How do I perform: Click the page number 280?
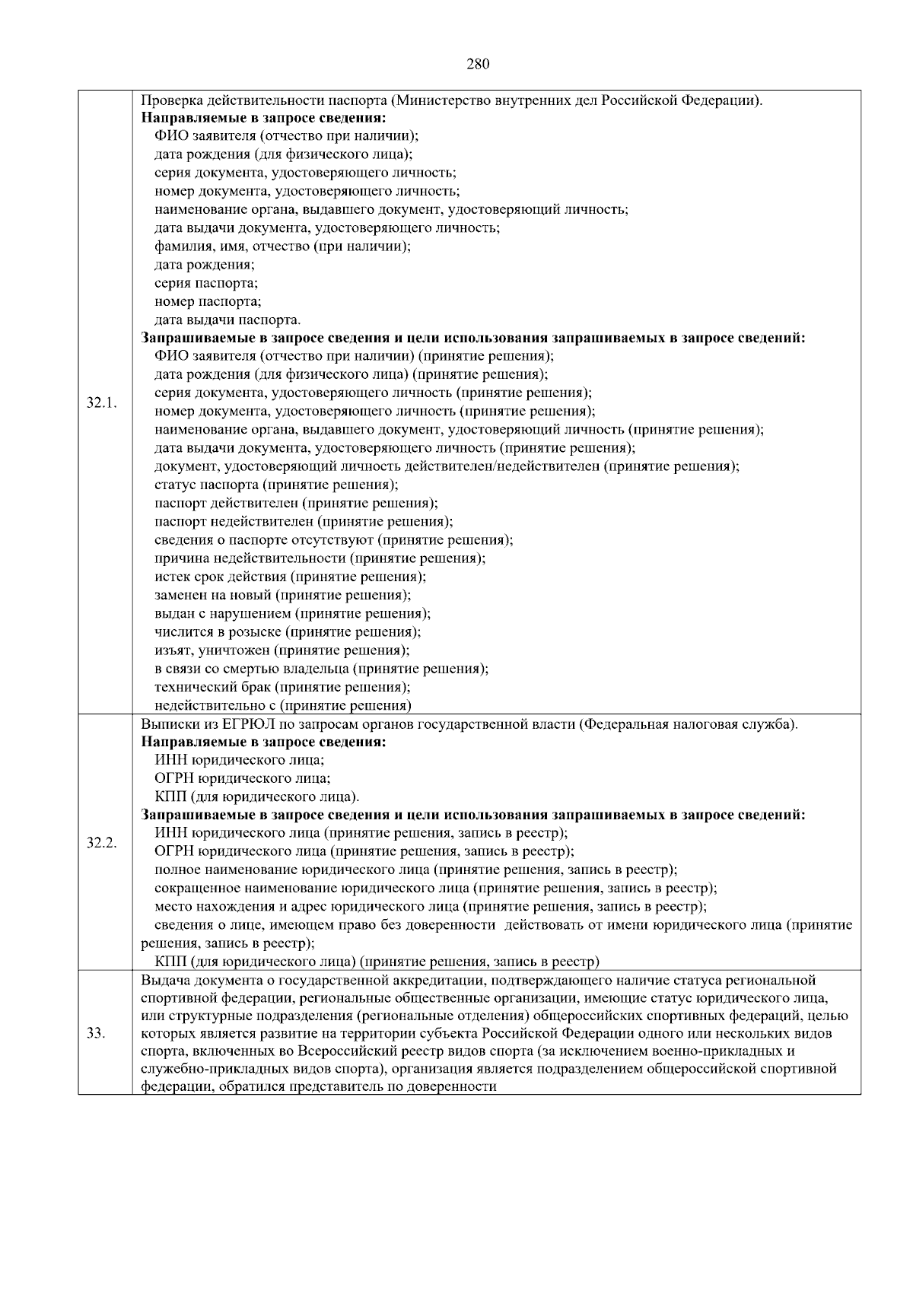coord(477,64)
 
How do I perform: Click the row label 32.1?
coord(100,402)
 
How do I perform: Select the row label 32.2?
coord(101,842)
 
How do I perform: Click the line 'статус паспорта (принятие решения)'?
coord(276,485)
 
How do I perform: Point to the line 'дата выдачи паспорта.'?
coord(227,320)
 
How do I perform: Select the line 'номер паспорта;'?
coord(208,301)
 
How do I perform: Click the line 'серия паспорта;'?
coord(206,283)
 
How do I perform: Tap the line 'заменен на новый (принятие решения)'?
coord(282,595)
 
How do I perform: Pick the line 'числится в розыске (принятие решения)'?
coord(288,631)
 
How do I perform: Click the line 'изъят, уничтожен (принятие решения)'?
coord(282,650)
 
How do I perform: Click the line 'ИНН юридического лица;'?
coord(240,760)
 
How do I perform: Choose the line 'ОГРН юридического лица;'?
coord(243,778)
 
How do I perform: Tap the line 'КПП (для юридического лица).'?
coord(256,797)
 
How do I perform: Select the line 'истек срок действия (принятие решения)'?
coord(290,577)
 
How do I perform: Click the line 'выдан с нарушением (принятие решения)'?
coord(292,613)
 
